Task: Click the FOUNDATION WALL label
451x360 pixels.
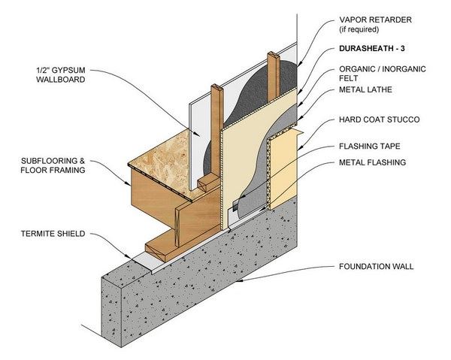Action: [380, 266]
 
